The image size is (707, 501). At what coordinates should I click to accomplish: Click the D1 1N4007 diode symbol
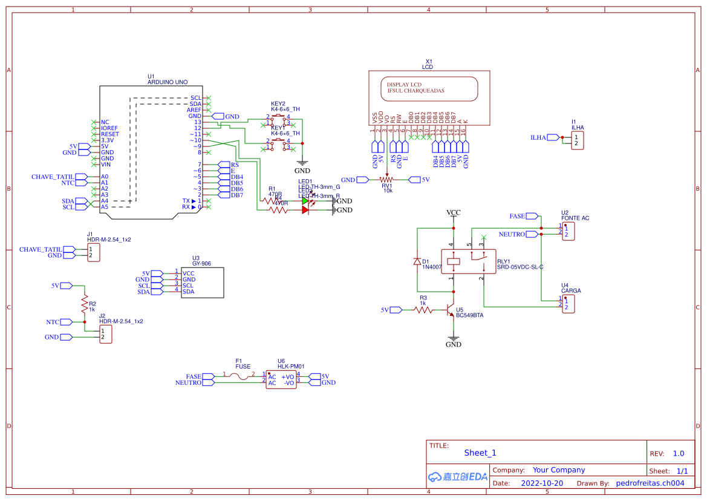417,261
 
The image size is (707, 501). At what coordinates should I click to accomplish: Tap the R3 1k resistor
423,310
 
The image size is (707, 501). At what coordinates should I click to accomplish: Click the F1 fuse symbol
242,376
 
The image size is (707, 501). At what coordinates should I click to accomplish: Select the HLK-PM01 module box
281,380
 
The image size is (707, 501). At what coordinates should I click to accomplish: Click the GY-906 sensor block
198,282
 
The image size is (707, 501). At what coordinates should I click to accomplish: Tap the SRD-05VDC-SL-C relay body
468,262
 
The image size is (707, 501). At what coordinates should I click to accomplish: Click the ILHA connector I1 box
578,140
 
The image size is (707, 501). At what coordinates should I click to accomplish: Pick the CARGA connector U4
568,304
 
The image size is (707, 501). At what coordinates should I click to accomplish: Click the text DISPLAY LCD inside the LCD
400,85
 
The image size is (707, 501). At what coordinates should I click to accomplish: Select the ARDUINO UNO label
168,82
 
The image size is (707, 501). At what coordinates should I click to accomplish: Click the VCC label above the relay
453,213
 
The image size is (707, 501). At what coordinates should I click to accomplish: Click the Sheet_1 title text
480,453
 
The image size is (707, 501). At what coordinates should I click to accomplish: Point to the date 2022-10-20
542,483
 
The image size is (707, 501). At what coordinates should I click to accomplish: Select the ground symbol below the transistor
453,340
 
